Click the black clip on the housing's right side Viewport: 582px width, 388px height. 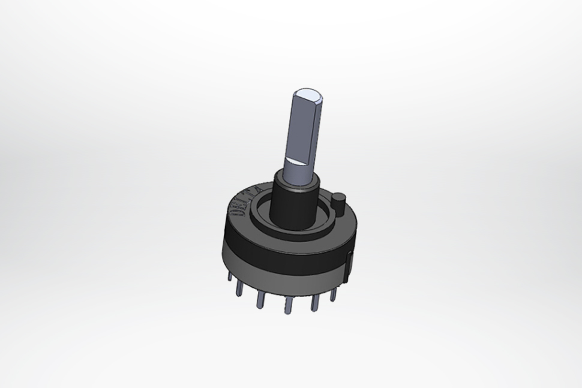pyautogui.click(x=350, y=264)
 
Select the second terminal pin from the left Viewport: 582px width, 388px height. pyautogui.click(x=240, y=289)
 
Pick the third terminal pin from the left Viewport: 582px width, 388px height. pyautogui.click(x=260, y=300)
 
